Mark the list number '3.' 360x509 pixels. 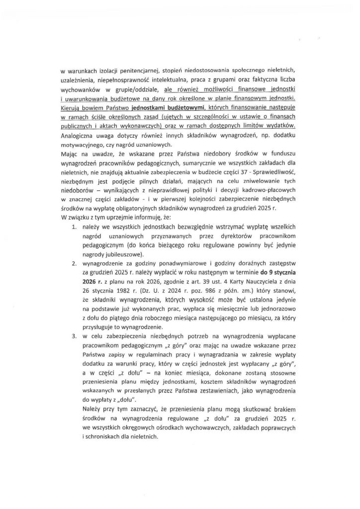pyautogui.click(x=73, y=336)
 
